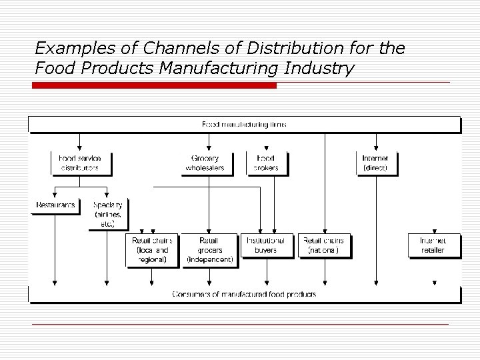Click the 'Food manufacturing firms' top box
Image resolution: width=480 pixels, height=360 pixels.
[244, 125]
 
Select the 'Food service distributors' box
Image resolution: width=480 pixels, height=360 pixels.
[81, 163]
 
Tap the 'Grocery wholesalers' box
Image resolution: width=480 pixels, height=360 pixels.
[208, 163]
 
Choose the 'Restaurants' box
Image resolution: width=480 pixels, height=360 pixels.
[55, 205]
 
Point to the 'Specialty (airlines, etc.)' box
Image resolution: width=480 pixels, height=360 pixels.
[108, 214]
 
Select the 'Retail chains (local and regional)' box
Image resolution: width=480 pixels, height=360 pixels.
[153, 250]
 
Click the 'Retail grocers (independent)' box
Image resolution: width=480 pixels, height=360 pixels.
[209, 250]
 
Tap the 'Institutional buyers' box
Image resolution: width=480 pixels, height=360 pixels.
[266, 245]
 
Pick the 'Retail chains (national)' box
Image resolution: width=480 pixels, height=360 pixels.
[325, 245]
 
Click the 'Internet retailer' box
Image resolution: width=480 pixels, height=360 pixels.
[432, 245]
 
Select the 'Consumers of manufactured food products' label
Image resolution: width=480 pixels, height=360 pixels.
[244, 294]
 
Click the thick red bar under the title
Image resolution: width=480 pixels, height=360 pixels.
[155, 86]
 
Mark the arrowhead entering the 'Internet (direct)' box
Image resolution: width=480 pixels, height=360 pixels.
[377, 148]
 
